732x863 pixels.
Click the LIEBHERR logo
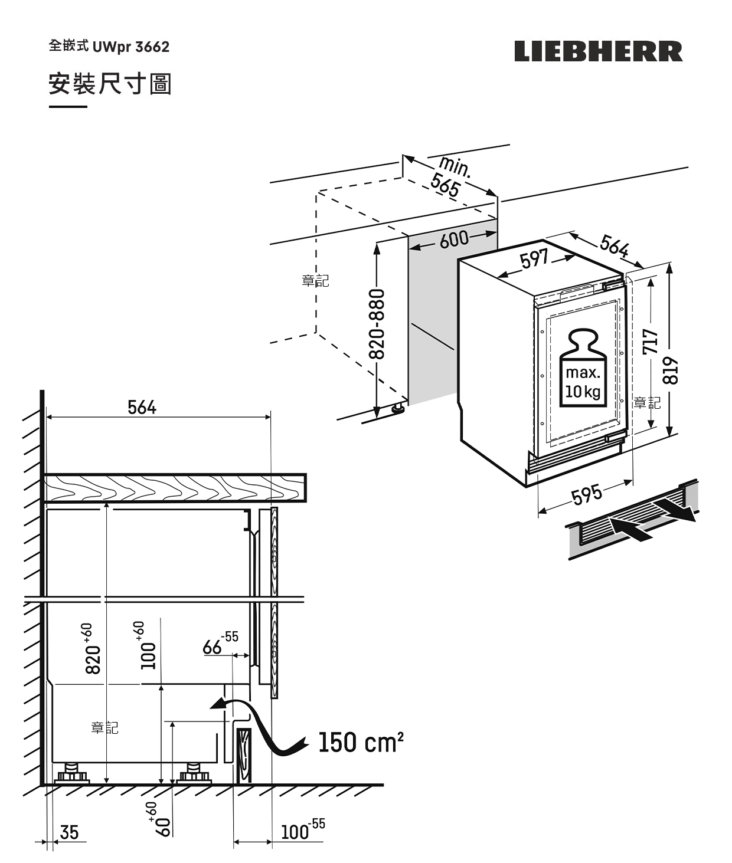point(598,51)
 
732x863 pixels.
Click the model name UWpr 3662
point(130,47)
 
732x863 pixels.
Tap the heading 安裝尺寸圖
point(110,84)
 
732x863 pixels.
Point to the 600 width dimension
point(453,239)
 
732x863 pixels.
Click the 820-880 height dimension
point(377,324)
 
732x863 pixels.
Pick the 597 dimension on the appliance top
point(535,259)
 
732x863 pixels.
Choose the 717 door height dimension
point(650,342)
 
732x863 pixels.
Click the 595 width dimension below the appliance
point(587,494)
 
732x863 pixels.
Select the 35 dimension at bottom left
point(69,832)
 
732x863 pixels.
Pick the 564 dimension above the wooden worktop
point(142,408)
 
